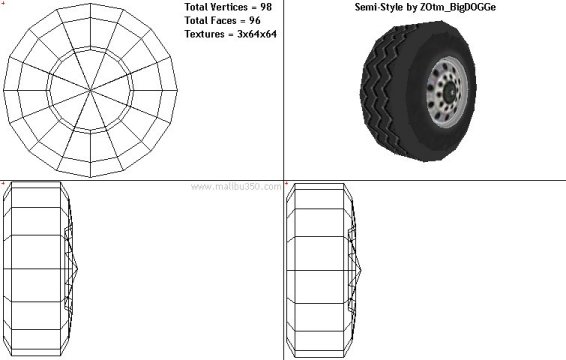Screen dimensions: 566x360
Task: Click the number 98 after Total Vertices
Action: coord(266,7)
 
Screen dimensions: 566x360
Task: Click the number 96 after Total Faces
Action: coord(254,21)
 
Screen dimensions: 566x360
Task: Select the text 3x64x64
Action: coord(257,34)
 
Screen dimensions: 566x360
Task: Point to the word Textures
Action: coord(204,34)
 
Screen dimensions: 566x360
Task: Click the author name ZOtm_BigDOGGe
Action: coord(458,7)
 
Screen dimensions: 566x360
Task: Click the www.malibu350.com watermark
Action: coord(236,187)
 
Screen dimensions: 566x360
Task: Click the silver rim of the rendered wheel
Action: coord(432,108)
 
